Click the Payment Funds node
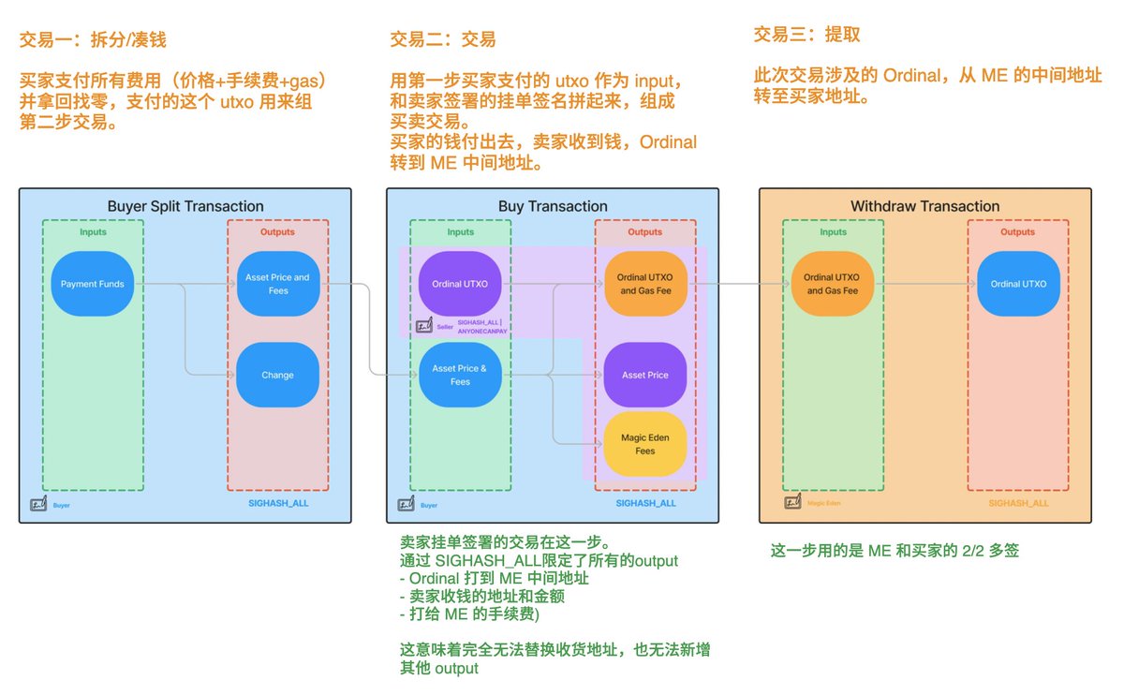(x=93, y=284)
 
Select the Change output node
(x=278, y=375)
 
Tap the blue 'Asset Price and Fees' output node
(x=278, y=284)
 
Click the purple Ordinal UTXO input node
(x=460, y=284)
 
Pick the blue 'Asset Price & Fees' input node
(x=460, y=375)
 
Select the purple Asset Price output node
(x=645, y=375)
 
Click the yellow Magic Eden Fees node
(x=645, y=444)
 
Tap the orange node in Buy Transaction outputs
(x=645, y=284)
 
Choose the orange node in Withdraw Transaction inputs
(x=832, y=284)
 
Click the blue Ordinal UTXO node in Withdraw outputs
(x=1018, y=284)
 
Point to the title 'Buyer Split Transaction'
(x=185, y=206)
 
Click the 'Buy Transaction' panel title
(x=553, y=206)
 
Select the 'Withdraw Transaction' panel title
(x=924, y=206)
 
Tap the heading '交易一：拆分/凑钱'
(x=93, y=40)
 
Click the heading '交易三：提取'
(x=806, y=35)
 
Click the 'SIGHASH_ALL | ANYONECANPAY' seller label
(x=481, y=326)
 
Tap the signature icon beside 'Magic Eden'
(x=792, y=503)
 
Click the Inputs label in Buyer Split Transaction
(x=93, y=232)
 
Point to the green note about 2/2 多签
(x=894, y=551)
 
